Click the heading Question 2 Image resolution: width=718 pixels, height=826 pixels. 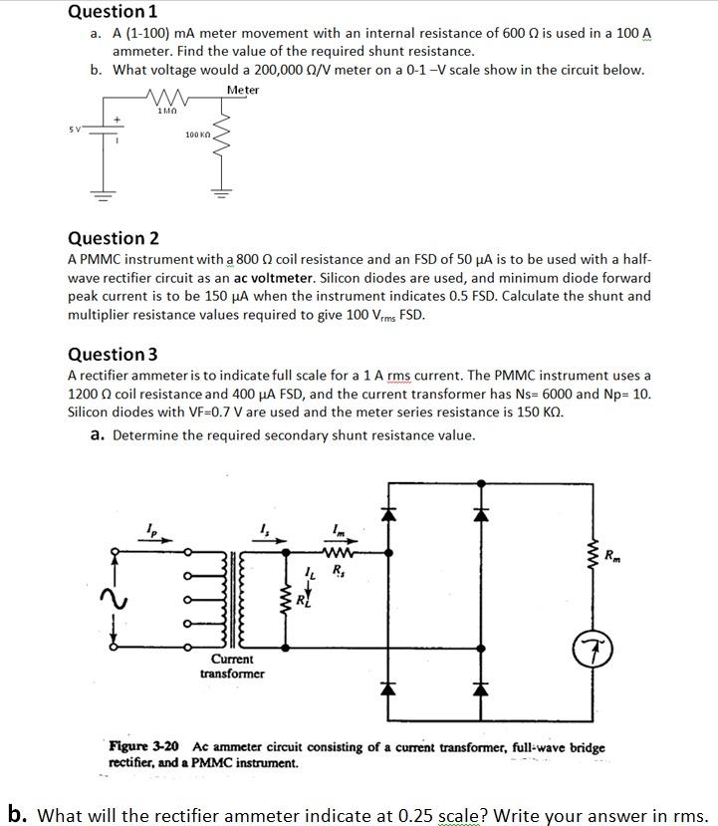113,238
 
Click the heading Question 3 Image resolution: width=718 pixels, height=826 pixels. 113,354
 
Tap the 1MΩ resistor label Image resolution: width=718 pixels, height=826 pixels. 166,110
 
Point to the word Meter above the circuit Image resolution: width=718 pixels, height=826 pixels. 242,90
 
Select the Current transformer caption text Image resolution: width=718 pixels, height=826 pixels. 232,666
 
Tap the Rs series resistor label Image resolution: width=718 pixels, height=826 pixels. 338,572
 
